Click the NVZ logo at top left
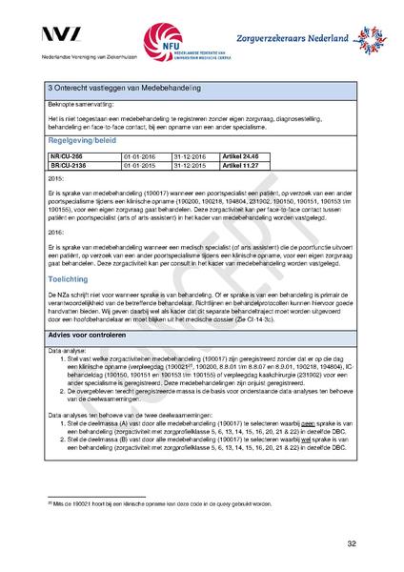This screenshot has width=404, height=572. [63, 36]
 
